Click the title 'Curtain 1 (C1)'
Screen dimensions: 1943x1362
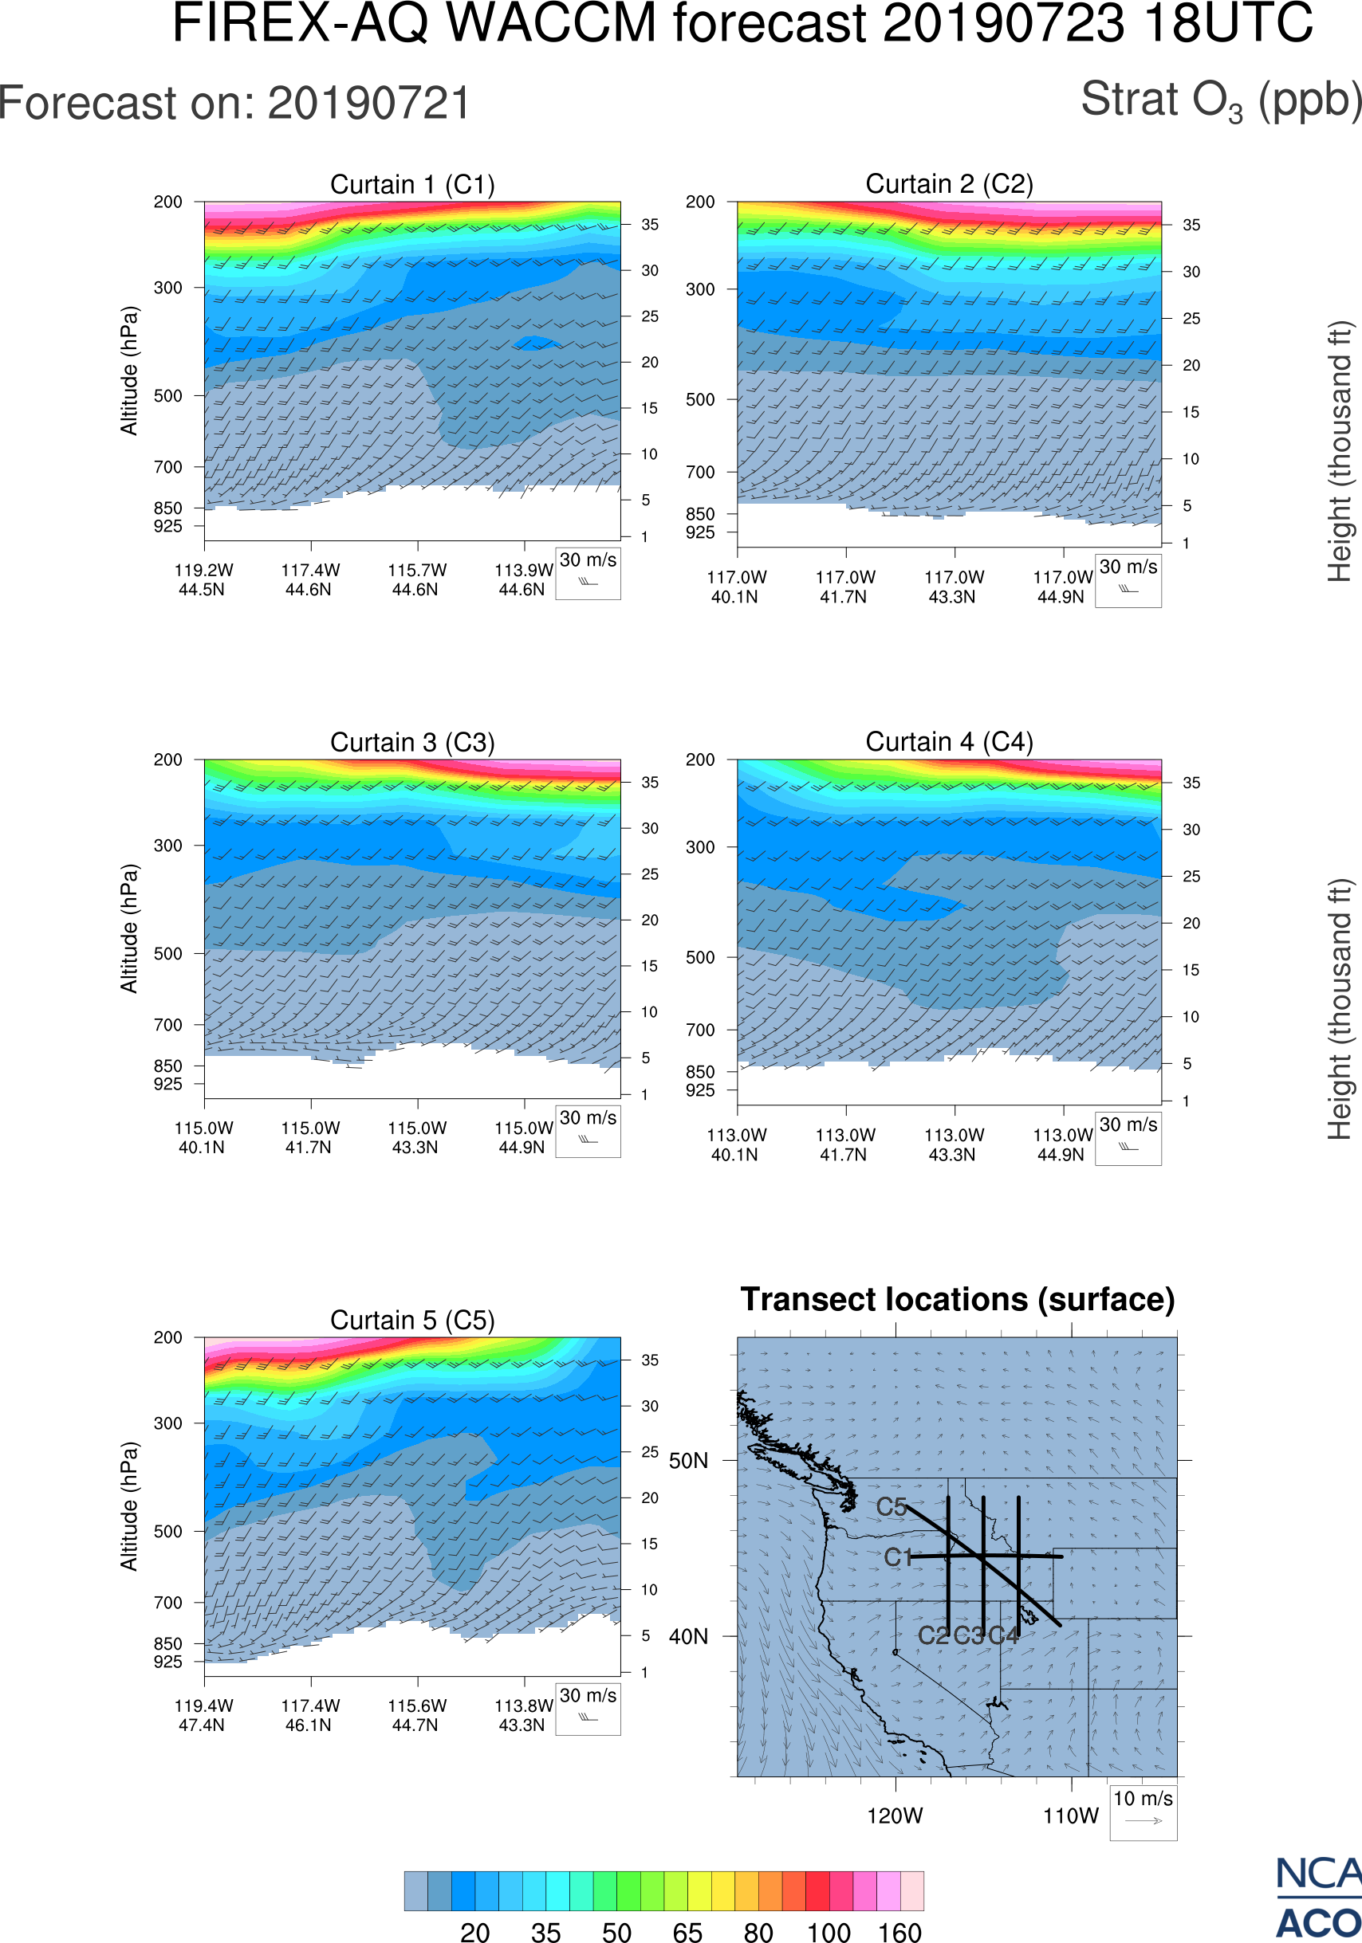[412, 184]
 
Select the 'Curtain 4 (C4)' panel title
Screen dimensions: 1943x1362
[949, 742]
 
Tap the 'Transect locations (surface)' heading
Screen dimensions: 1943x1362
[958, 1299]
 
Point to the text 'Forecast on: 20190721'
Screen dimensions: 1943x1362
[234, 104]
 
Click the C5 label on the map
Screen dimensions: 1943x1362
[892, 1507]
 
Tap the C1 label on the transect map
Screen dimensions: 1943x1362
[897, 1557]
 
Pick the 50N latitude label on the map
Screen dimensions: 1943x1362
[688, 1462]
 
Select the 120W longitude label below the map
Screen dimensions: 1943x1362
[895, 1816]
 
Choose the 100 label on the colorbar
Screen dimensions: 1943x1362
[829, 1932]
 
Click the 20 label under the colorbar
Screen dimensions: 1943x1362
[475, 1932]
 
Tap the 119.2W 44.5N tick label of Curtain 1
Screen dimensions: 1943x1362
[203, 579]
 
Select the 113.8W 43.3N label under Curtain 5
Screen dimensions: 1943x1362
[523, 1715]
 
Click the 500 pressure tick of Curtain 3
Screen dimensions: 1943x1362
[167, 954]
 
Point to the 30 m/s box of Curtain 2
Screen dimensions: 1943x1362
[1128, 580]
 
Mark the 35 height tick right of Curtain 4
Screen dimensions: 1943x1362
[1191, 783]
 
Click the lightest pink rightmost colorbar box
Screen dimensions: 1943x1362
[911, 1890]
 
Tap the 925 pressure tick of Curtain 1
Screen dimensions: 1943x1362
[167, 526]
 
